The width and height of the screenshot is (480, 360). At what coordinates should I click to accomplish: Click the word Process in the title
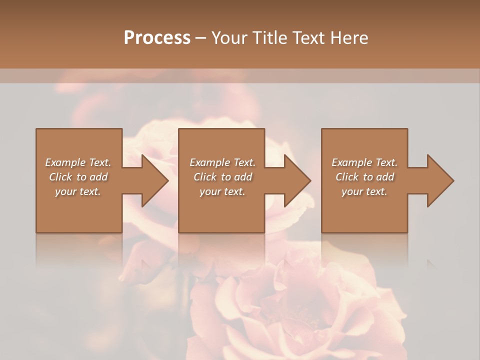(x=157, y=38)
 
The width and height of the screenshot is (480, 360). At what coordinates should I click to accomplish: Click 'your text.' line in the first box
(x=78, y=191)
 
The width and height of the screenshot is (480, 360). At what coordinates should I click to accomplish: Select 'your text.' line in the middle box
(x=222, y=191)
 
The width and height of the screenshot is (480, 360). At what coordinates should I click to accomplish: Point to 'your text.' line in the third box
(x=364, y=191)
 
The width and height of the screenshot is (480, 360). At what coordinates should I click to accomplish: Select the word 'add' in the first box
(x=99, y=177)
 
